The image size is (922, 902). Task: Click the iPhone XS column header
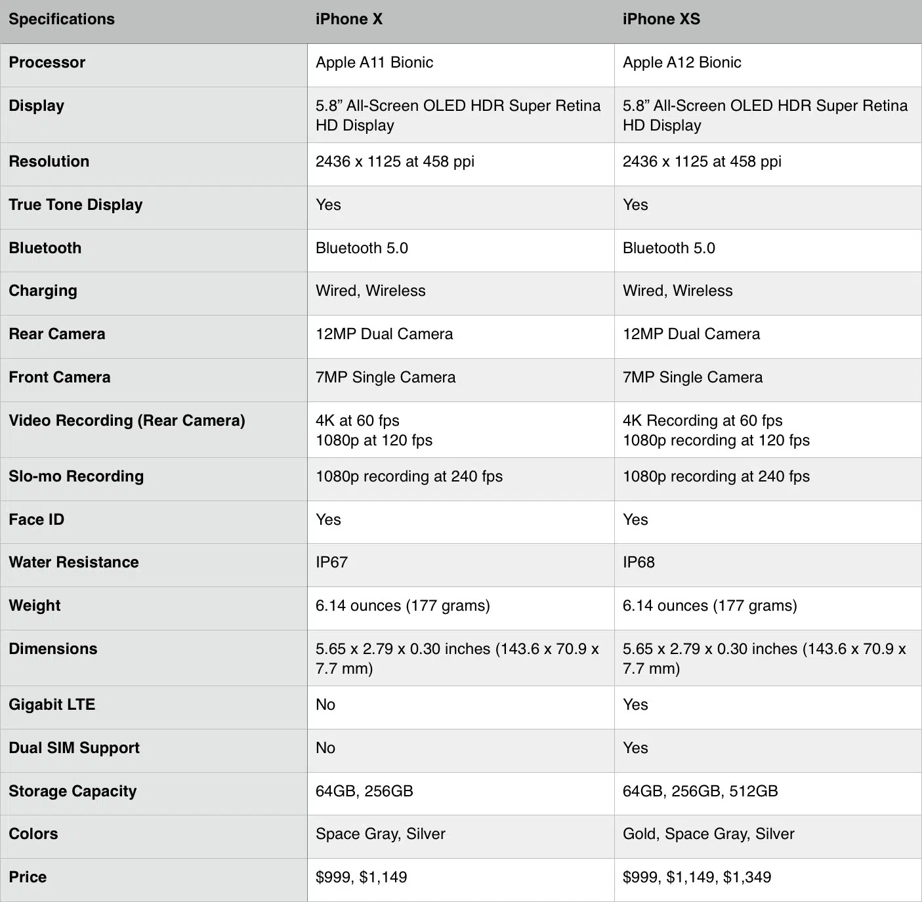661,20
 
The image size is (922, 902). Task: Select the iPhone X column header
348,20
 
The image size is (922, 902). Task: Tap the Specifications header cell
62,20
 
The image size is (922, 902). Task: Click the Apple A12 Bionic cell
682,63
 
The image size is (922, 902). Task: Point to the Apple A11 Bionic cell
374,63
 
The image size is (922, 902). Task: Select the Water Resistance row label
73,563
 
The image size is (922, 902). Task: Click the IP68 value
639,563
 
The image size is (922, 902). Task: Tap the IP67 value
331,563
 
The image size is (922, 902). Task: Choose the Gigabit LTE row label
52,705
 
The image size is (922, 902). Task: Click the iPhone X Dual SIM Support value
325,748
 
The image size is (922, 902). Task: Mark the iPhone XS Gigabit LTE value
635,705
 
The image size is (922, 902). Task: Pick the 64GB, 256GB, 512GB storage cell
700,792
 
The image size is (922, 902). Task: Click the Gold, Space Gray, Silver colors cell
708,834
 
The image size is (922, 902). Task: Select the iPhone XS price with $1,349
697,878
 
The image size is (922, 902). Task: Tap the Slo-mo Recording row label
76,477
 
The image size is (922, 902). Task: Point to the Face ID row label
37,520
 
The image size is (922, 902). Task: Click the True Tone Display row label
75,205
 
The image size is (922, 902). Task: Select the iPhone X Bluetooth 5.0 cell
362,249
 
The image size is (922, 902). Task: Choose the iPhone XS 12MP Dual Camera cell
691,335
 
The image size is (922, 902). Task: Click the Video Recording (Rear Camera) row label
127,421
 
